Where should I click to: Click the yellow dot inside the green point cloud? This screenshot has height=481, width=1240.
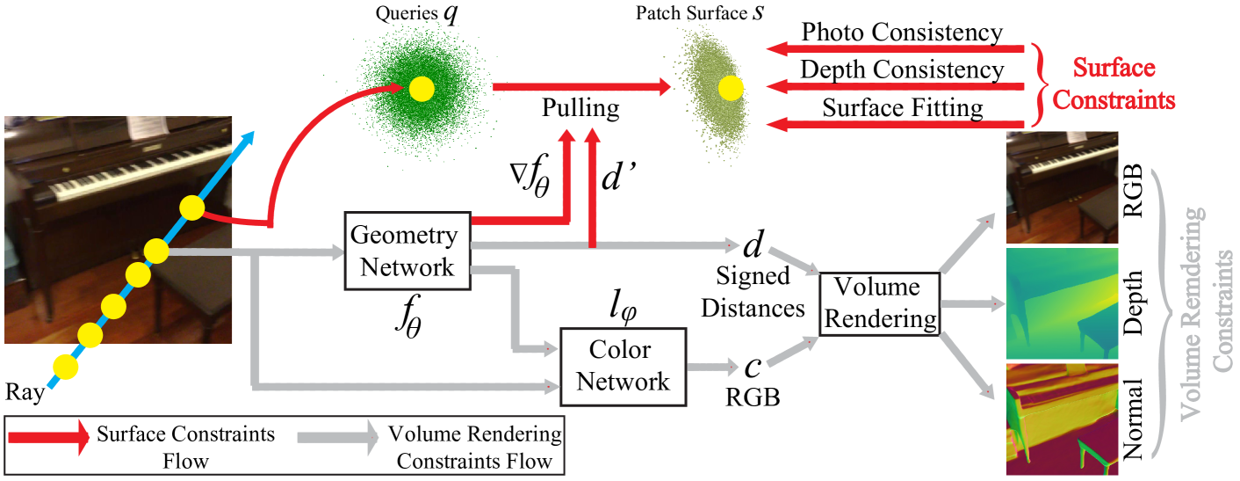(x=422, y=89)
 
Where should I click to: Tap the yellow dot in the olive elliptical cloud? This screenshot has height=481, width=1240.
(x=731, y=87)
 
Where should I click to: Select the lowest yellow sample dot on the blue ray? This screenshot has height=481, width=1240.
(x=66, y=366)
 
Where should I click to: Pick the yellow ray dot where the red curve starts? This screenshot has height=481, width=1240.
(x=192, y=208)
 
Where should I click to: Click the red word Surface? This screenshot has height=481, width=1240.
(x=1114, y=68)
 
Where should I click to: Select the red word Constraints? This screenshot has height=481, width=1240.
(x=1114, y=100)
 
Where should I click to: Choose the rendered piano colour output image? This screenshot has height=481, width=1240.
(x=1061, y=186)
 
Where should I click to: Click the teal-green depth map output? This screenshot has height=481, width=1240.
(x=1061, y=303)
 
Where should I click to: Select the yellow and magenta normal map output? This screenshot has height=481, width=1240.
(x=1061, y=419)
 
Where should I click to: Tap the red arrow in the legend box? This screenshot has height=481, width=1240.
(x=49, y=437)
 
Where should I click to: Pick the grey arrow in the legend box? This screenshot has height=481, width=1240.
(x=337, y=437)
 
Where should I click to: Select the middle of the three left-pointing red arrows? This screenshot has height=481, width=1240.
(x=896, y=86)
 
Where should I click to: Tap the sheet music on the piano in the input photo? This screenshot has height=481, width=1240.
(x=143, y=127)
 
